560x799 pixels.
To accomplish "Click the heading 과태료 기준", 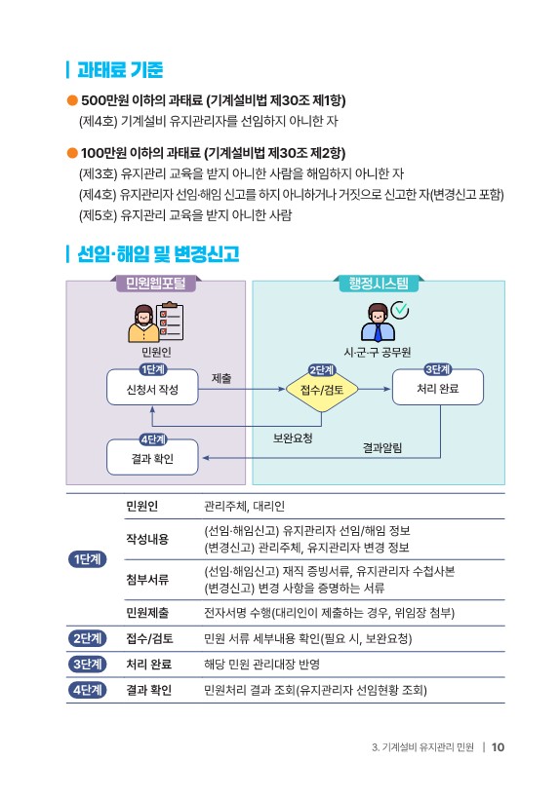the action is click(120, 70).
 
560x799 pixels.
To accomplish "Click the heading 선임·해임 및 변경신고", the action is click(158, 253).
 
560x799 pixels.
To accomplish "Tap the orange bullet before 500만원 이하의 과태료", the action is click(72, 100).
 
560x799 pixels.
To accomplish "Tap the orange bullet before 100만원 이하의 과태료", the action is click(72, 153).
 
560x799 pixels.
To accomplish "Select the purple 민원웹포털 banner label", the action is click(155, 284).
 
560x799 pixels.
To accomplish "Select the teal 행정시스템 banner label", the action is click(379, 284).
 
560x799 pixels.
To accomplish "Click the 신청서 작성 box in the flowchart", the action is click(152, 389).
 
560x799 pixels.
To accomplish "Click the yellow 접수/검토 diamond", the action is click(322, 390).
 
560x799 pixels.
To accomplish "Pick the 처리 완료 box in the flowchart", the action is click(438, 388).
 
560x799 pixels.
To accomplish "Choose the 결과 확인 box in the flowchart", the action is click(152, 458).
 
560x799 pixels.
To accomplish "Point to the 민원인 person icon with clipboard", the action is click(155, 323).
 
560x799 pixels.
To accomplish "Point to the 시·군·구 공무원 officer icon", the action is click(378, 323).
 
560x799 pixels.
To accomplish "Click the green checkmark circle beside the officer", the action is click(399, 309).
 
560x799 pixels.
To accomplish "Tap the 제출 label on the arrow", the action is click(221, 378).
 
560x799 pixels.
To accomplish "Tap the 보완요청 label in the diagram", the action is click(293, 438).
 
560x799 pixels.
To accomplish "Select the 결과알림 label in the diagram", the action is click(382, 448).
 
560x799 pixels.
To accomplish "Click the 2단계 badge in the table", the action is click(87, 638).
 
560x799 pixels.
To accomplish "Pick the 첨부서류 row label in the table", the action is click(147, 580).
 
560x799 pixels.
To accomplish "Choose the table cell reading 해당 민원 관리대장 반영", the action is click(261, 664).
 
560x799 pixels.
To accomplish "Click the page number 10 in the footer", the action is click(498, 747).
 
